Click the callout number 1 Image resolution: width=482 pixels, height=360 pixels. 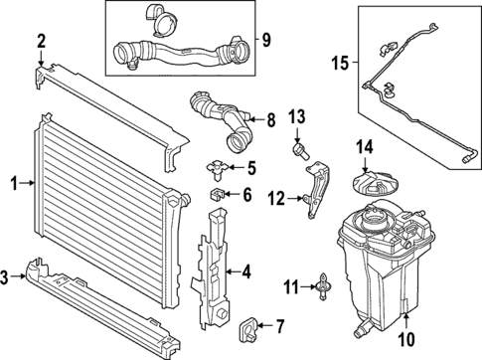click(x=13, y=182)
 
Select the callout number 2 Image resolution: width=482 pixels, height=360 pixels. click(x=41, y=41)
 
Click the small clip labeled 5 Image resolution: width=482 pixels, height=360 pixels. click(x=217, y=166)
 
